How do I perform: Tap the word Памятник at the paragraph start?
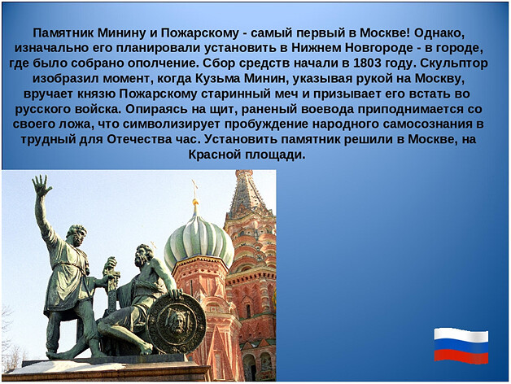[x=63, y=33]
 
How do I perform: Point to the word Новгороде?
[x=378, y=48]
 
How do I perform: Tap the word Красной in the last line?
[x=215, y=155]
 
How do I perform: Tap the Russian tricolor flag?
[x=461, y=346]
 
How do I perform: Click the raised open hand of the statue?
[x=41, y=185]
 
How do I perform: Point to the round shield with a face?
[x=177, y=323]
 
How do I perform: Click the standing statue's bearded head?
[x=77, y=235]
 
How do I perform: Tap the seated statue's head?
[x=144, y=255]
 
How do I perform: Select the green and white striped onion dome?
[x=199, y=241]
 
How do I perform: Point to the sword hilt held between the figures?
[x=111, y=268]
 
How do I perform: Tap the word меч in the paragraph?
[x=286, y=94]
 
